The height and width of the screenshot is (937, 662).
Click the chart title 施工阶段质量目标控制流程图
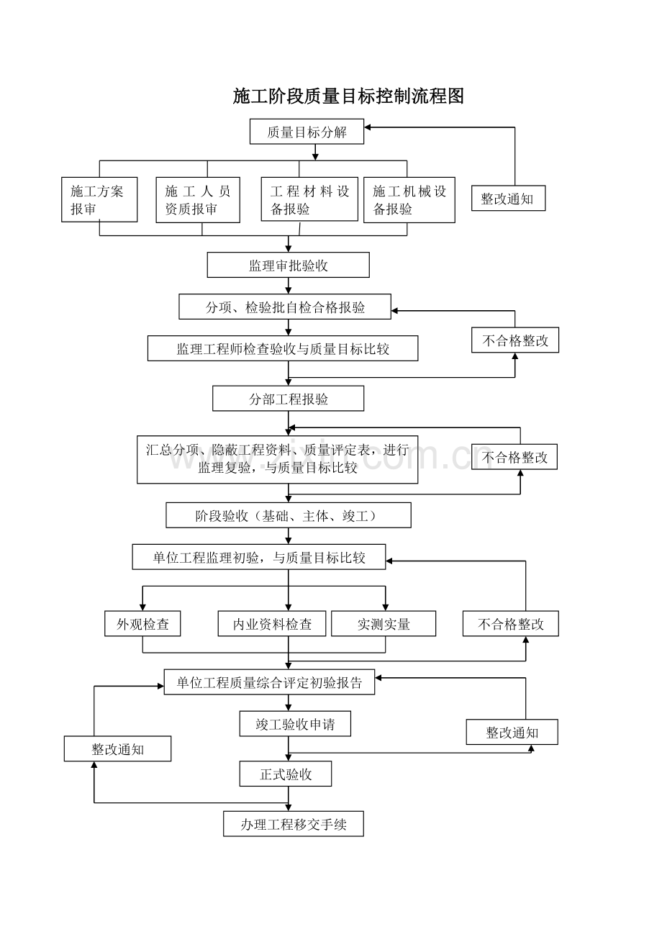coord(348,96)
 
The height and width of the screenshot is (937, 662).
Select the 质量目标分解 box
coord(307,132)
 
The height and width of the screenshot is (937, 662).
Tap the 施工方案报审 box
coord(99,199)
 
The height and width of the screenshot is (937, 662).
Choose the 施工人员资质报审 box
coord(198,200)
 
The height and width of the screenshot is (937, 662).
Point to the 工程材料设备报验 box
coord(309,199)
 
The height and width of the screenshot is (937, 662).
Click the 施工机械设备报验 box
coord(409,200)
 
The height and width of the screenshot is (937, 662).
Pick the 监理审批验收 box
coord(288,265)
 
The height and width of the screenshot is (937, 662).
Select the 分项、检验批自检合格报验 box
coord(285,307)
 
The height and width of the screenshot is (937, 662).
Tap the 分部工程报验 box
coord(288,398)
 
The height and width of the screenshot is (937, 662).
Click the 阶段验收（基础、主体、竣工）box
coord(289,515)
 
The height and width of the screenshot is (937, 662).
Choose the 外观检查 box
coord(142,624)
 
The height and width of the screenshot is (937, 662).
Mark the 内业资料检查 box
coord(272,624)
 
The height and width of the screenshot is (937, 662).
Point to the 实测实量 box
coord(384,624)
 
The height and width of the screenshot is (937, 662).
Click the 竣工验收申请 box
coord(295,724)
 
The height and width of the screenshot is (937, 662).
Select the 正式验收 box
coord(286,774)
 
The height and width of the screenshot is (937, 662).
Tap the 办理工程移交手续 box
coord(294,823)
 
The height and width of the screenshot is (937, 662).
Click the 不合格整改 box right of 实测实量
coord(511,624)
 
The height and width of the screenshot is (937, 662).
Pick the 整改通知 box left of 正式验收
coord(117,748)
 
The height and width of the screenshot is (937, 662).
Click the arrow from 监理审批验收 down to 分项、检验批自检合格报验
coord(288,286)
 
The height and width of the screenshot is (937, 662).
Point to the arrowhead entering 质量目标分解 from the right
coord(367,127)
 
